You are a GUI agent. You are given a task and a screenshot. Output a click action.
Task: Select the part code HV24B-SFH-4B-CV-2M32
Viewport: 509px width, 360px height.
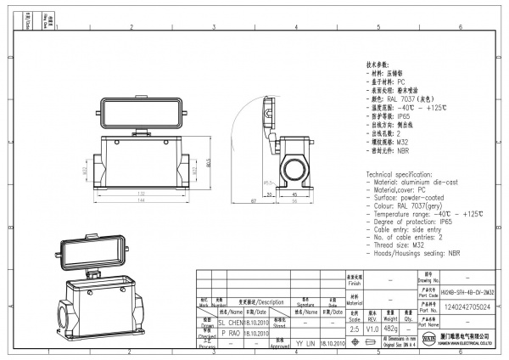(x=467, y=292)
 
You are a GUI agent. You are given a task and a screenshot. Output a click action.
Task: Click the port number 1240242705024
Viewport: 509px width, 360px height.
(x=467, y=310)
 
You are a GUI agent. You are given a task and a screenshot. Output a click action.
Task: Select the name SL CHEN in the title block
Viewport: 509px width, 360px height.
(x=232, y=323)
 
